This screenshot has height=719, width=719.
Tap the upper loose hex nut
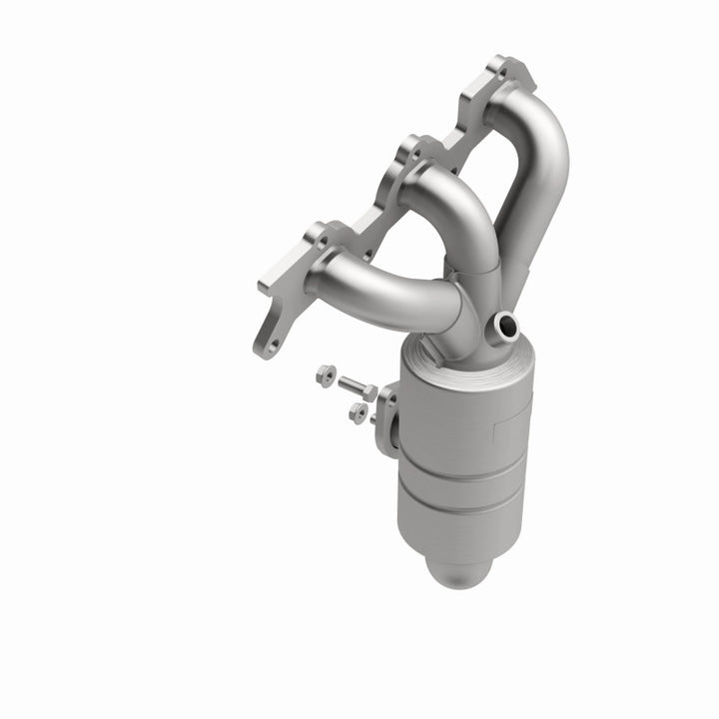coord(324,375)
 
